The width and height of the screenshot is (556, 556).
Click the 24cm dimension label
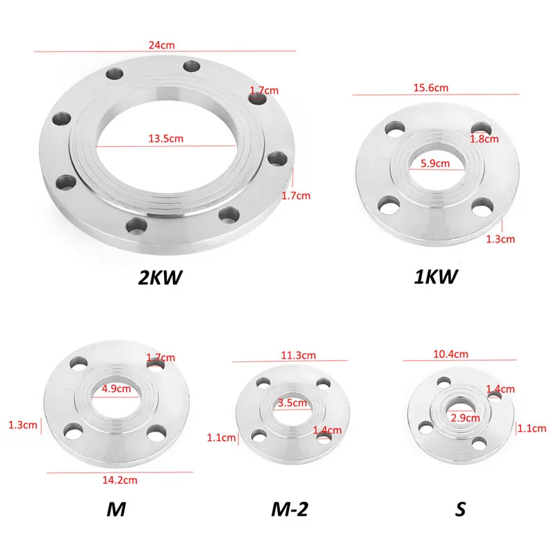pos(161,45)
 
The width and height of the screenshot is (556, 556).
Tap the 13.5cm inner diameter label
pos(165,138)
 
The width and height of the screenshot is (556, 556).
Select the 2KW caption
pos(160,277)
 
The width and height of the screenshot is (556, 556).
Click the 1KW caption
pos(436,277)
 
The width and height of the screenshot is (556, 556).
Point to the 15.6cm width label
pos(431,88)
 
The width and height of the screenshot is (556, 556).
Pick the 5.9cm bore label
pos(435,163)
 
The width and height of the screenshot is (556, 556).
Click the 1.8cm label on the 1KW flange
pos(484,138)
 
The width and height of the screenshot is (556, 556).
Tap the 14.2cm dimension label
pos(120,480)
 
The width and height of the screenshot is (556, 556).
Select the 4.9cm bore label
pos(116,389)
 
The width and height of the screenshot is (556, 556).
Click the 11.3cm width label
pos(298,355)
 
